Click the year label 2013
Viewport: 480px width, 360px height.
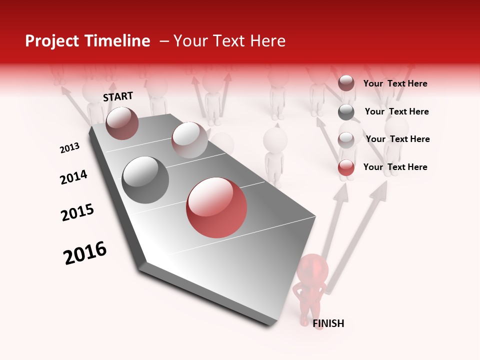click(69, 148)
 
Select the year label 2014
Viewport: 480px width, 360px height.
click(73, 177)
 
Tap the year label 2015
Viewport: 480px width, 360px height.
click(77, 212)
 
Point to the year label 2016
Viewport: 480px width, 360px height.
click(85, 252)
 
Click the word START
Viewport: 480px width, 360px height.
click(118, 96)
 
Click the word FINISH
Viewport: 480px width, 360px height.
click(328, 323)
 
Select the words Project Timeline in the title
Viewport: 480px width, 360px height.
click(87, 41)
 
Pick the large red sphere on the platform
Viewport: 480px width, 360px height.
click(216, 207)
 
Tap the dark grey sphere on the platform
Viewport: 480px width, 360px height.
click(145, 179)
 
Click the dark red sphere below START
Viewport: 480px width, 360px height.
click(122, 123)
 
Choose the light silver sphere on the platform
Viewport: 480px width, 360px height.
click(189, 140)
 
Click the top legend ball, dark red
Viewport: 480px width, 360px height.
click(346, 83)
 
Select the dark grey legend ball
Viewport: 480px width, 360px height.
click(346, 112)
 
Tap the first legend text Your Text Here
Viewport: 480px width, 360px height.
click(395, 83)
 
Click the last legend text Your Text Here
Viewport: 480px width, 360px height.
click(395, 167)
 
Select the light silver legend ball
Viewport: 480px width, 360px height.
click(346, 140)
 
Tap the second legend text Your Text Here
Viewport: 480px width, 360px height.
click(396, 111)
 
